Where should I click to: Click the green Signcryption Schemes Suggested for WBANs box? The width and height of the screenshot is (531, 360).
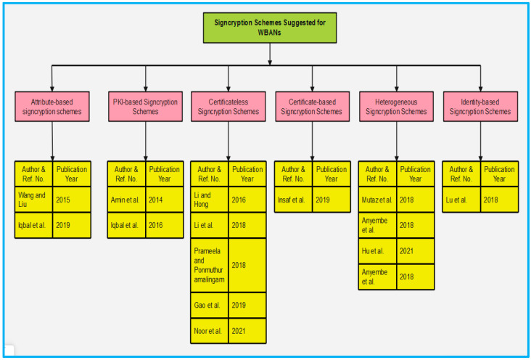pyautogui.click(x=270, y=28)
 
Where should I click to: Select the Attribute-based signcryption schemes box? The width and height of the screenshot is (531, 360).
pyautogui.click(x=52, y=107)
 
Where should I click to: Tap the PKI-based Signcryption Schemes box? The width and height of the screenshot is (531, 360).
pyautogui.click(x=145, y=107)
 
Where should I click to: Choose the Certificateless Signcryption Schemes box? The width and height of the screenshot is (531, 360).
pyautogui.click(x=229, y=107)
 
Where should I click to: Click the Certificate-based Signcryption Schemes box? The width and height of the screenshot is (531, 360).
pyautogui.click(x=312, y=107)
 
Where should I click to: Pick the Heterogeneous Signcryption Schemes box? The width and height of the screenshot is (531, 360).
pyautogui.click(x=396, y=107)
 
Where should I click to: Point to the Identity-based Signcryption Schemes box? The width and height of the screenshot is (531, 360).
pyautogui.click(x=480, y=107)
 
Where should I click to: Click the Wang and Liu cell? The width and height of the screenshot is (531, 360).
pyautogui.click(x=33, y=200)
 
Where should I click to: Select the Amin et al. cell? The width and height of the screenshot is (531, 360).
pyautogui.click(x=127, y=200)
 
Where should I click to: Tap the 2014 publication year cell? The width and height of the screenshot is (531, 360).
pyautogui.click(x=165, y=200)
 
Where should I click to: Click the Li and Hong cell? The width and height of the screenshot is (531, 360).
pyautogui.click(x=210, y=200)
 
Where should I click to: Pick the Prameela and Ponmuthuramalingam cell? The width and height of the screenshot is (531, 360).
pyautogui.click(x=210, y=266)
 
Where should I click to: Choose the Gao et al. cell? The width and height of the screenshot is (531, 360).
pyautogui.click(x=210, y=305)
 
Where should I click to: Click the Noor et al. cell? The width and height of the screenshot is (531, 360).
pyautogui.click(x=210, y=331)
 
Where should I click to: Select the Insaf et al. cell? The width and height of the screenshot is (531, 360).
pyautogui.click(x=293, y=200)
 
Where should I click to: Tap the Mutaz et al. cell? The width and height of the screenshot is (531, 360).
pyautogui.click(x=377, y=200)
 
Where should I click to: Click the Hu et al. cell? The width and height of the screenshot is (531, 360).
pyautogui.click(x=377, y=251)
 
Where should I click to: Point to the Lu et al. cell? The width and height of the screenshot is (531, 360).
pyautogui.click(x=461, y=200)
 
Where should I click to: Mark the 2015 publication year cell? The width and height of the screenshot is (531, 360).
pyautogui.click(x=72, y=200)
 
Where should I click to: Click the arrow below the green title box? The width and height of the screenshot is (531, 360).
pyautogui.click(x=270, y=54)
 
